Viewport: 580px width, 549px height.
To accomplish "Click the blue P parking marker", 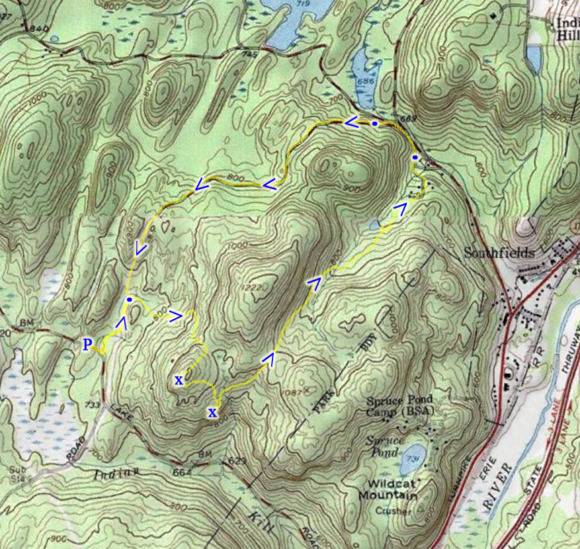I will tap(87, 344).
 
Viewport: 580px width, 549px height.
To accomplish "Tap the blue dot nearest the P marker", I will tap(130, 300).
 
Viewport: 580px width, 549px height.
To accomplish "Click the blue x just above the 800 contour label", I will tap(212, 413).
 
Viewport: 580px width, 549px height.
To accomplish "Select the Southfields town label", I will tap(490, 253).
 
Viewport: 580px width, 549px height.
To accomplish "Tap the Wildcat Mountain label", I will tap(388, 490).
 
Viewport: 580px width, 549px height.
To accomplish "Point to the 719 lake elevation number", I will tap(304, 5).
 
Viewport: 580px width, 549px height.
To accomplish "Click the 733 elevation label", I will tap(93, 404).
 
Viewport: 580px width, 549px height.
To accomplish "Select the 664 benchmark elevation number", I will tap(184, 472).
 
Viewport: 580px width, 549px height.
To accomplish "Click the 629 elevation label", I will tap(237, 460).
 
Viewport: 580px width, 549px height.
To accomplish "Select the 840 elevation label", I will tap(40, 28).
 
